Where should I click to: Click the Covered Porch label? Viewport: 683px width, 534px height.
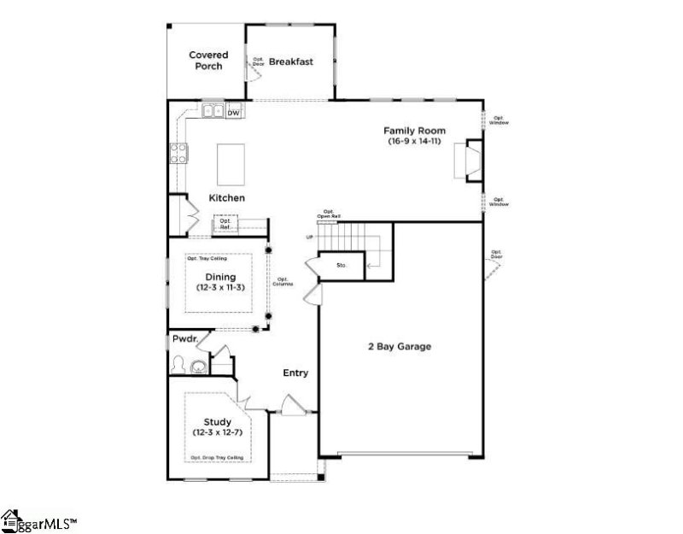[208, 61]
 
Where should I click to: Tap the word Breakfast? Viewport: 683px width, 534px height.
[291, 62]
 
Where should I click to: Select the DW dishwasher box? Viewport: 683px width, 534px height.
[234, 113]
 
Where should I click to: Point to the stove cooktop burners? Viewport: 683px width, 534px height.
[181, 154]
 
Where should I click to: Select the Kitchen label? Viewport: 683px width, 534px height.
[227, 198]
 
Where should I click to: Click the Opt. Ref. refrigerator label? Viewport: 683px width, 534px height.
[226, 226]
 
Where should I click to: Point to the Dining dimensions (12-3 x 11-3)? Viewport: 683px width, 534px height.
[219, 288]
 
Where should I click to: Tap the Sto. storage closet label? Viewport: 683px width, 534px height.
[341, 266]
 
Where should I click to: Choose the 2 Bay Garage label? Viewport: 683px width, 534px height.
[399, 347]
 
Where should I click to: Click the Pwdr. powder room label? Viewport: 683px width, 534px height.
[185, 339]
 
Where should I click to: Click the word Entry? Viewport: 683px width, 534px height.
[296, 373]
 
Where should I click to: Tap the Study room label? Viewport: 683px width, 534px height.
[219, 422]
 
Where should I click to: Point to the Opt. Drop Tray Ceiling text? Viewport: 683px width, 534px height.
[218, 459]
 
